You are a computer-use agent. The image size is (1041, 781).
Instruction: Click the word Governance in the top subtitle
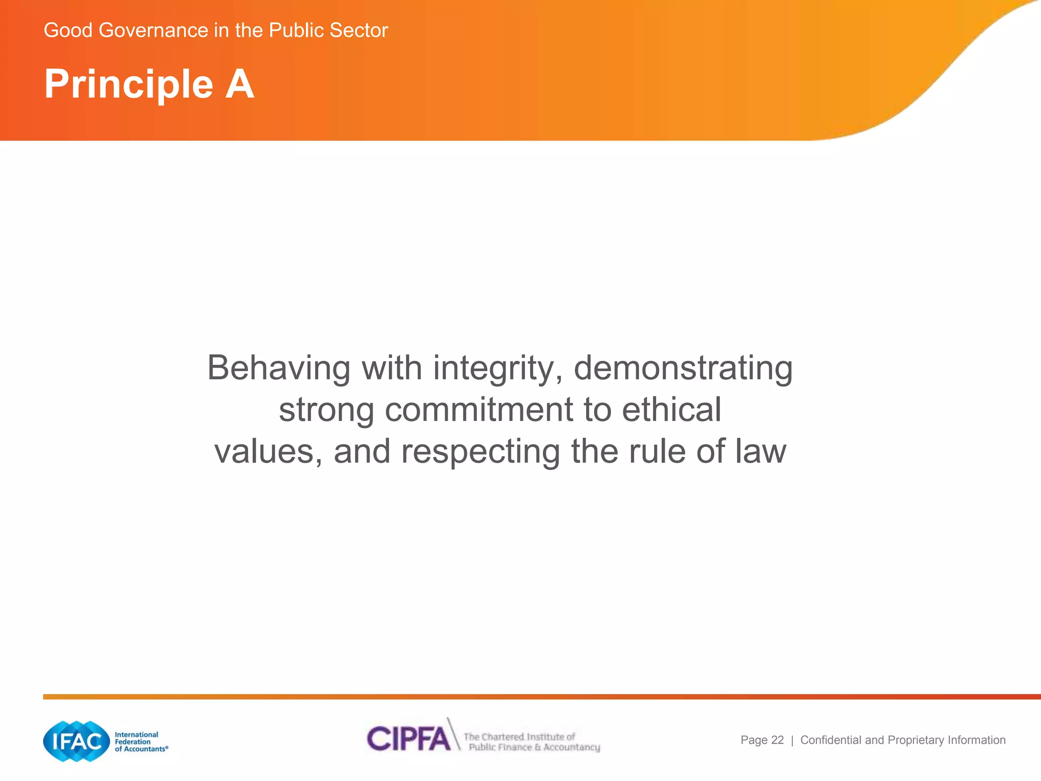154,31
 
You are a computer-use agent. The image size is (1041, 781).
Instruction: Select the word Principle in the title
129,84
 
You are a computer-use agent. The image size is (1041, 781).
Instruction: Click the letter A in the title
239,84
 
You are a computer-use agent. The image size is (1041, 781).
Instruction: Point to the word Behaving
279,368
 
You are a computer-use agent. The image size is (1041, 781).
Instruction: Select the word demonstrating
683,368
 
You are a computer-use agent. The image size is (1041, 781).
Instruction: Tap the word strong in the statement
326,410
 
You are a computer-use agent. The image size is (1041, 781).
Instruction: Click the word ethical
671,410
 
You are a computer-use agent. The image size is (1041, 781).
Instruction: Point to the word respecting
480,452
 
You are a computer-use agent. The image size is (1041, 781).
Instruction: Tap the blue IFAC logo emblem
77,741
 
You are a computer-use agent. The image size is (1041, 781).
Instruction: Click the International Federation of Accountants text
140,742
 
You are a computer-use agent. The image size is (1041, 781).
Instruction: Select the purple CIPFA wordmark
409,738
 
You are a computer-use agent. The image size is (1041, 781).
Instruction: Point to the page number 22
777,740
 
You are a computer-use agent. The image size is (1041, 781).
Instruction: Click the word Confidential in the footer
831,740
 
